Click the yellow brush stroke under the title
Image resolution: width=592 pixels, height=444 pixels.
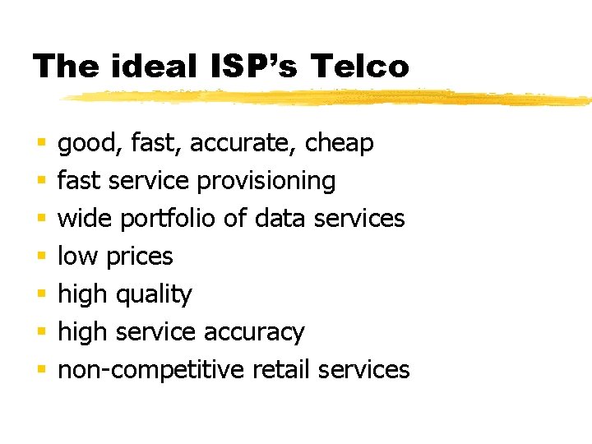click(329, 98)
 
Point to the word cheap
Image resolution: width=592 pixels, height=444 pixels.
click(339, 143)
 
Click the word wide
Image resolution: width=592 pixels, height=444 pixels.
click(86, 219)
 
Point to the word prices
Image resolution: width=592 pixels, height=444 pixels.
click(140, 257)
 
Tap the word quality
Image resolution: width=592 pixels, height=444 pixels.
click(154, 294)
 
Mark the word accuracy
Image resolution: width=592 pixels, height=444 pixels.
click(254, 332)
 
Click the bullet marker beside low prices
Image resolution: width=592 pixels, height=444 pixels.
click(40, 257)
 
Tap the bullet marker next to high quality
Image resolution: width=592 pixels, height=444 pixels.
click(40, 294)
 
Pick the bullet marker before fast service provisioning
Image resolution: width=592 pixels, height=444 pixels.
click(40, 181)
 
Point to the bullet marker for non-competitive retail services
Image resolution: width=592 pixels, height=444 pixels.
click(40, 370)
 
